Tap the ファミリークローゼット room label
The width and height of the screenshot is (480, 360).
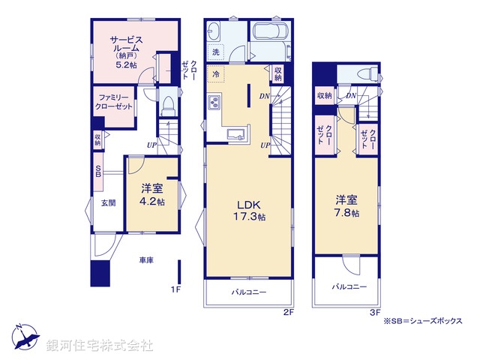pos(114,102)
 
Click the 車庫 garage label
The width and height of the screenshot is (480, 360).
pos(146,260)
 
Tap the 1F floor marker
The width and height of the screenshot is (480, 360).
pos(178,289)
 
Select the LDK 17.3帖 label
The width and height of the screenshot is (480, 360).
pos(249,209)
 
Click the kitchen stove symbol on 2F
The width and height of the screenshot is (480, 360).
pos(214,102)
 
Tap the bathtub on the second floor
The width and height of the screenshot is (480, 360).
pos(271,34)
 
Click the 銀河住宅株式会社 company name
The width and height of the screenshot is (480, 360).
pos(100,346)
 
